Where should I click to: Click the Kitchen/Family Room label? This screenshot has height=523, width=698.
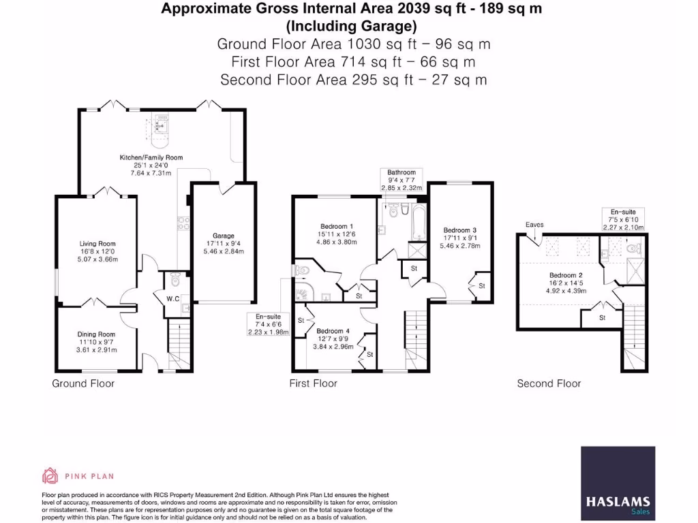[151, 157]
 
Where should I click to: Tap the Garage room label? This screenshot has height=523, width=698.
[224, 236]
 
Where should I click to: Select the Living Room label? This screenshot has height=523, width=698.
[97, 244]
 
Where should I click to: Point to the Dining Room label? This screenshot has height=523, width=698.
[96, 334]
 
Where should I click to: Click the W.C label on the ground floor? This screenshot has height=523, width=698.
[173, 299]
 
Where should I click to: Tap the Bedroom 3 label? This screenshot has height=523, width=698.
[460, 230]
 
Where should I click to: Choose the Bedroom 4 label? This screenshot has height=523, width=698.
[333, 331]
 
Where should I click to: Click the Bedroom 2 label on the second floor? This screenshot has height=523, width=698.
[566, 275]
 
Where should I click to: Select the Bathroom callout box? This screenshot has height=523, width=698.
[401, 180]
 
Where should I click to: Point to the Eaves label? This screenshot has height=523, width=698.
[534, 225]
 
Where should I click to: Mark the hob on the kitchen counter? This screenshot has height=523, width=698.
[183, 223]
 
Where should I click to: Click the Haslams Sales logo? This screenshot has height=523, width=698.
[618, 483]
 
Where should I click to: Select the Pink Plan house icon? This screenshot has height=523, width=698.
[50, 476]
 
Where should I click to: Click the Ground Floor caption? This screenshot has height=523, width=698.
[83, 383]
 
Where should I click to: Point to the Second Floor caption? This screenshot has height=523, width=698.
[549, 383]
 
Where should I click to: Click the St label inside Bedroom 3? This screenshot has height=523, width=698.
[482, 286]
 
